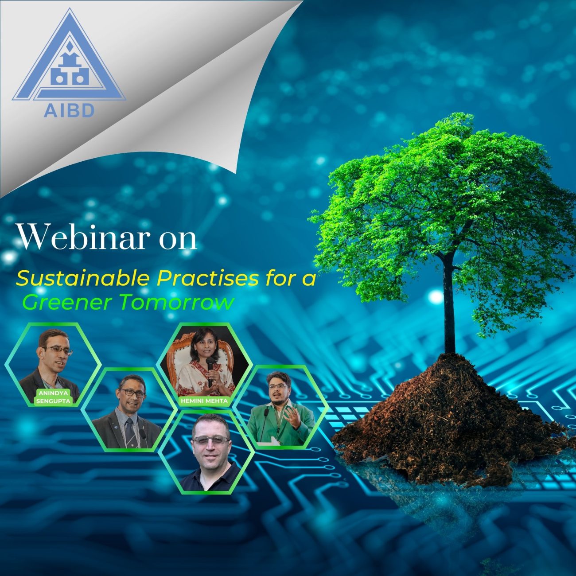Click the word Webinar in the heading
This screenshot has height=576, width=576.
click(x=82, y=238)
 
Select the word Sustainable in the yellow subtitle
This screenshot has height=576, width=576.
click(x=83, y=279)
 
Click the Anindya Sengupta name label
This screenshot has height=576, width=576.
click(x=54, y=397)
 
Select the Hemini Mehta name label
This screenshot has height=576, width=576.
click(x=204, y=401)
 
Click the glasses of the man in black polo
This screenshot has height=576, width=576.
click(x=210, y=440)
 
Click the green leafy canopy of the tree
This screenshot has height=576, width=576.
click(x=443, y=195)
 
